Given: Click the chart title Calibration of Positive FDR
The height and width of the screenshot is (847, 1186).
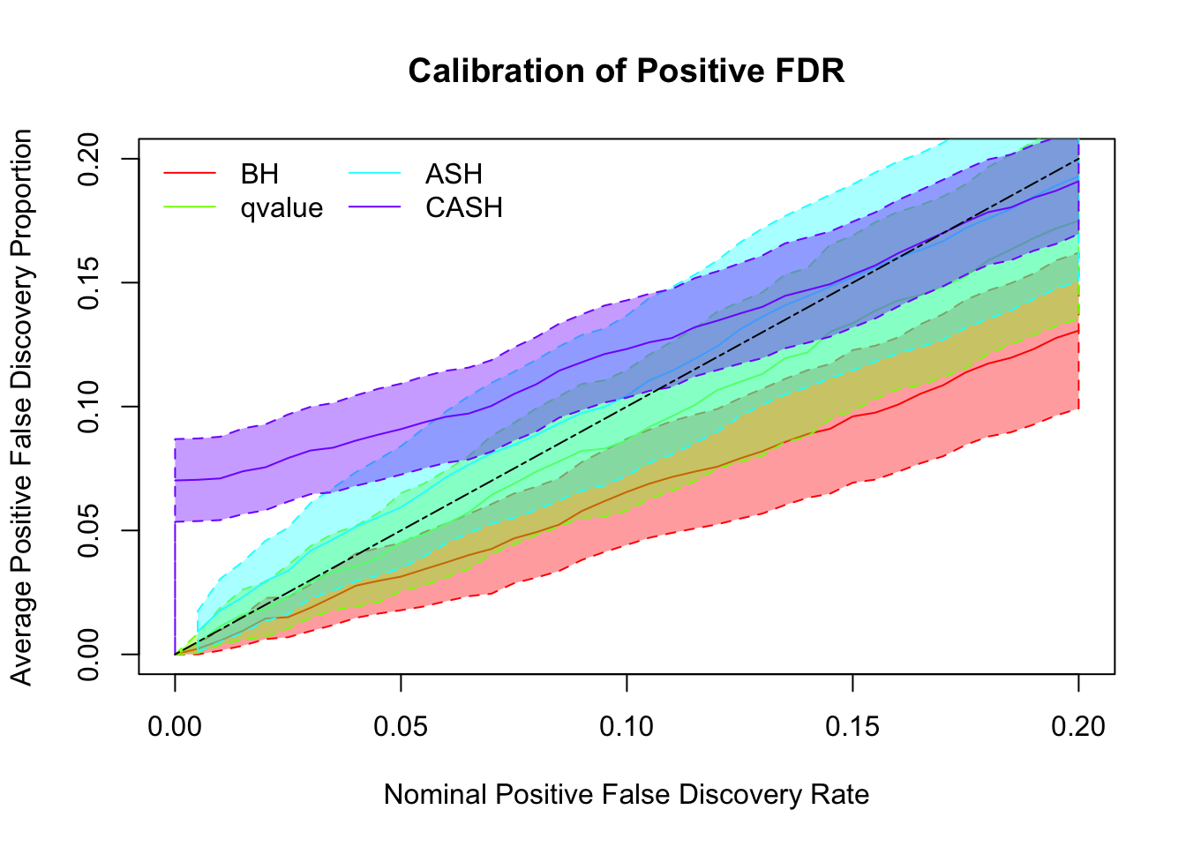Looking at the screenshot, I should pyautogui.click(x=627, y=71).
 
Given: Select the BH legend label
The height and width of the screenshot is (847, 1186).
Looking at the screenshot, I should pyautogui.click(x=259, y=174).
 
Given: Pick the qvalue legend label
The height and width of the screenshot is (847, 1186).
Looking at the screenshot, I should pyautogui.click(x=281, y=208).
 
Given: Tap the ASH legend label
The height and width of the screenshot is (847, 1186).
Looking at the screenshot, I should pyautogui.click(x=454, y=174).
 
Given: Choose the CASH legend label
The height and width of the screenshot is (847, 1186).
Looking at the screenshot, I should pyautogui.click(x=464, y=208).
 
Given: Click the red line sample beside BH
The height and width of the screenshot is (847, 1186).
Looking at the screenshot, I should pyautogui.click(x=190, y=174).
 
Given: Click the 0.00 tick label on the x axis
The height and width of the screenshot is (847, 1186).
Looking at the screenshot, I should pyautogui.click(x=175, y=727).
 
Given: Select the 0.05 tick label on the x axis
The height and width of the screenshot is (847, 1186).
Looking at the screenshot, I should pyautogui.click(x=401, y=727).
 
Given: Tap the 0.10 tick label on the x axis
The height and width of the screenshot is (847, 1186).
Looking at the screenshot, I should pyautogui.click(x=627, y=727).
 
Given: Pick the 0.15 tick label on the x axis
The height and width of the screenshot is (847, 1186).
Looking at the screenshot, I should pyautogui.click(x=852, y=727).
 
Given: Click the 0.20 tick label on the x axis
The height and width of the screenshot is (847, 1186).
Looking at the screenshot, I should pyautogui.click(x=1078, y=727).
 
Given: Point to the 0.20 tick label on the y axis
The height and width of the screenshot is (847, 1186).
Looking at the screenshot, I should pyautogui.click(x=90, y=159).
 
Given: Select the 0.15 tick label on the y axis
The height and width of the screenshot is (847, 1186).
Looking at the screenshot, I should pyautogui.click(x=90, y=283).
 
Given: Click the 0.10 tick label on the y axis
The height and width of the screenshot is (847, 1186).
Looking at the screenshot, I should pyautogui.click(x=90, y=407).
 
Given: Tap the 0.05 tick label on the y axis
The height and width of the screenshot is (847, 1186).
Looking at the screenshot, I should pyautogui.click(x=90, y=531).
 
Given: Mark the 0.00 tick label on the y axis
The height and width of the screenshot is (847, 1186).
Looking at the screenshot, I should pyautogui.click(x=90, y=655).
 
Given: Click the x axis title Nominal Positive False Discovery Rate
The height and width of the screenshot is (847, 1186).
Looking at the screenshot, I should pyautogui.click(x=627, y=795).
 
